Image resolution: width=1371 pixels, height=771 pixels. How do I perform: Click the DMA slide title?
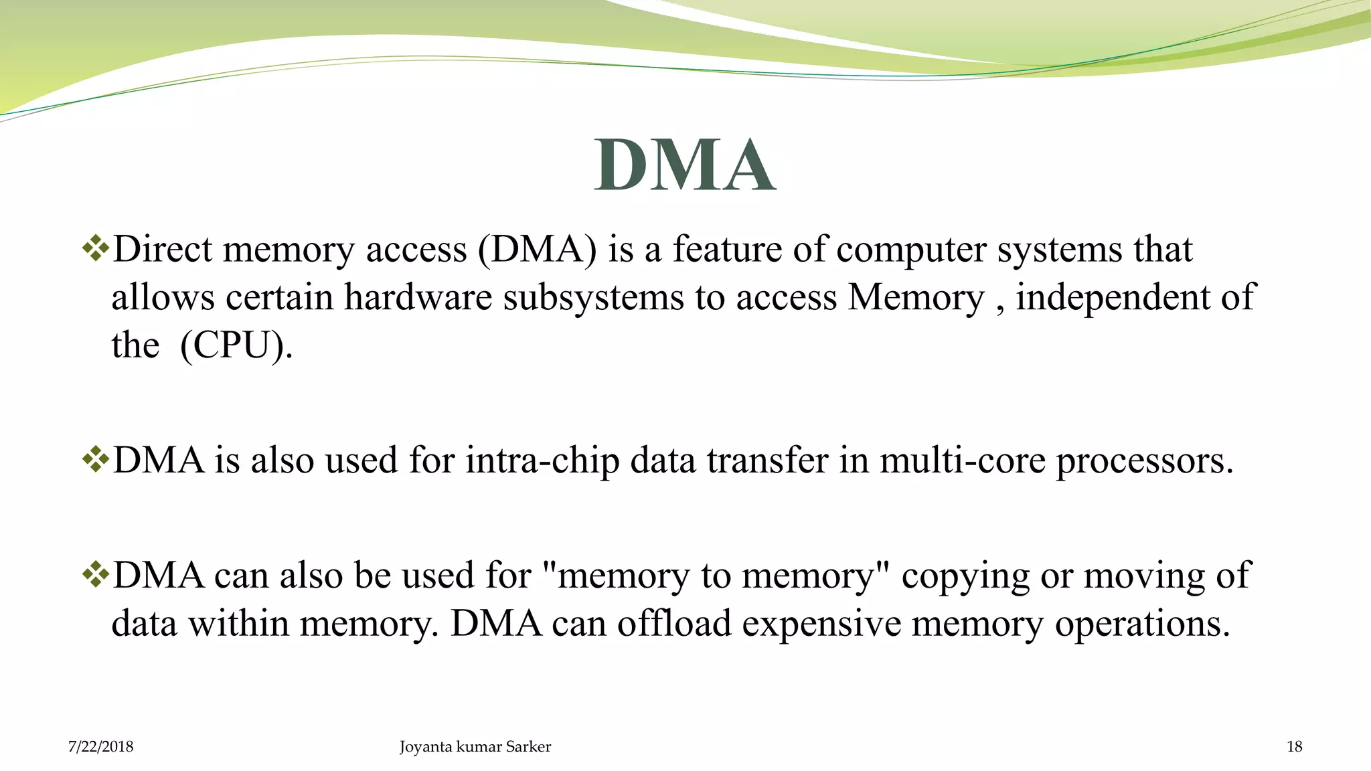pos(685,165)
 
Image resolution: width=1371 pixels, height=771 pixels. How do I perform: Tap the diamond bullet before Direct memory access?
pos(95,249)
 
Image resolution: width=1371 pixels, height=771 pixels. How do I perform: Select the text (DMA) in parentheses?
pos(537,250)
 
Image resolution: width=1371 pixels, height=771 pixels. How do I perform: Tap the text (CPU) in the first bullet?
pos(236,346)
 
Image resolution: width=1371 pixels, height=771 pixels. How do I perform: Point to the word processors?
pos(1144,461)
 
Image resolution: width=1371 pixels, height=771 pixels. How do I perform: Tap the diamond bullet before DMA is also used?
pos(95,460)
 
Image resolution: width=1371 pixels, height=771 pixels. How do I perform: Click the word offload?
pos(673,624)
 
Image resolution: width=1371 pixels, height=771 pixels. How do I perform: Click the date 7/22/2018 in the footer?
pos(100,747)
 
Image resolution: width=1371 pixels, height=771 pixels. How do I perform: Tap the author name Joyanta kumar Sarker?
pos(475,747)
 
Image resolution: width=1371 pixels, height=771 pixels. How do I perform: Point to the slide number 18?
pos(1294,747)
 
